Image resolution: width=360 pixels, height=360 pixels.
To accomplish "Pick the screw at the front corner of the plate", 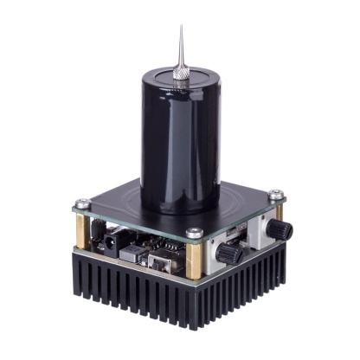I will (195, 233).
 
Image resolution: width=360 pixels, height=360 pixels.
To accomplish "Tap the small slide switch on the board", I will (161, 259).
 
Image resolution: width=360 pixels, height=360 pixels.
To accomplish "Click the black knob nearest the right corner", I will (279, 228).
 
